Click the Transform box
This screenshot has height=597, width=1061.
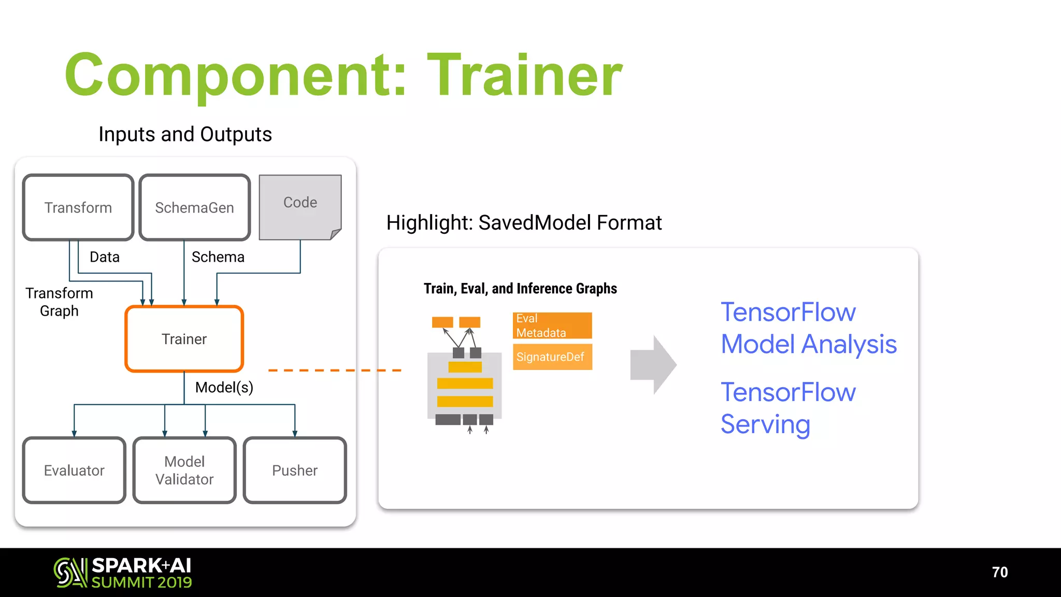coord(78,207)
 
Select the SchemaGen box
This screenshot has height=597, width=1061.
coord(194,207)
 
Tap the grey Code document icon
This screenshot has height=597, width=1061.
coord(300,206)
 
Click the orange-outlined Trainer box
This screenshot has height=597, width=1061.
coord(184,339)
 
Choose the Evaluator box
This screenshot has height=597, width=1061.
coord(74,470)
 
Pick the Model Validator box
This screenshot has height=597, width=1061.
coord(184,470)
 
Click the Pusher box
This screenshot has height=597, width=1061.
coord(295,470)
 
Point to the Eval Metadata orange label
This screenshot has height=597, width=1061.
coord(552,325)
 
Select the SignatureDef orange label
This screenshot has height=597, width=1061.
coord(552,357)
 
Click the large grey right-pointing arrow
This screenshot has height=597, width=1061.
coord(653,365)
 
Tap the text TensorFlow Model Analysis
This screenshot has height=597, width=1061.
coord(808,328)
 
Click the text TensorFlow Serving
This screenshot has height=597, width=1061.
coord(787,408)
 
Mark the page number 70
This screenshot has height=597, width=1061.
coord(999,572)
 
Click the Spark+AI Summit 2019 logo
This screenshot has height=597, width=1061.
coord(123,573)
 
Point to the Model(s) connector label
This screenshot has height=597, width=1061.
coord(224,387)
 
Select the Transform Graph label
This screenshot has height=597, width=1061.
coord(59,302)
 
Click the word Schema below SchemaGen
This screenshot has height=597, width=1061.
coord(218,257)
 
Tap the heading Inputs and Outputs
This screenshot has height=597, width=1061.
coord(185,134)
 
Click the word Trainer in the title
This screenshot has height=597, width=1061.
coord(524,75)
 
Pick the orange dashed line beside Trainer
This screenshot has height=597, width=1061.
coord(335,370)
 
